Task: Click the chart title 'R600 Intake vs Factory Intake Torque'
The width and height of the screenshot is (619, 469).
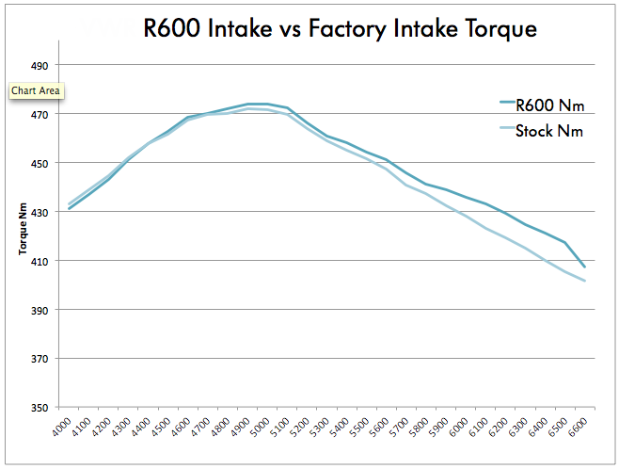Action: (x=340, y=28)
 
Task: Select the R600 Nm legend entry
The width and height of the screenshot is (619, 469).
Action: (x=549, y=105)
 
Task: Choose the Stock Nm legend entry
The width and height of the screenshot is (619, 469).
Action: (x=549, y=131)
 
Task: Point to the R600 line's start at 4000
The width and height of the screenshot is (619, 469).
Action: (x=70, y=208)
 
